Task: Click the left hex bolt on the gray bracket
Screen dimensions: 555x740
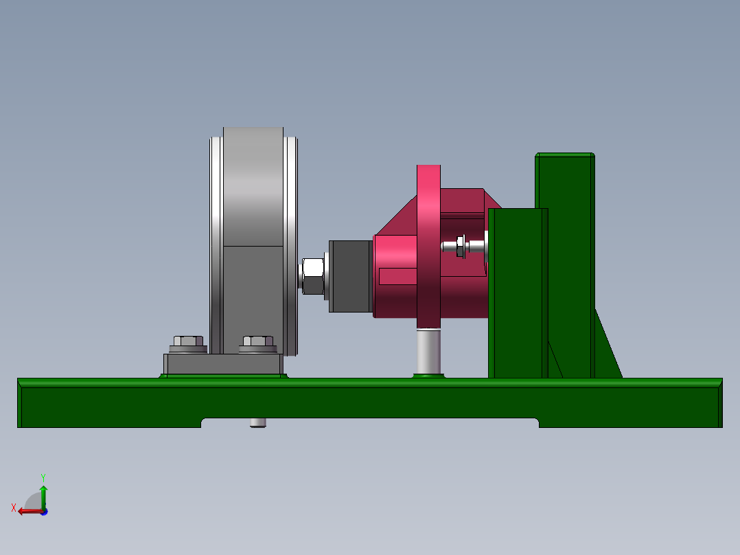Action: [x=187, y=341]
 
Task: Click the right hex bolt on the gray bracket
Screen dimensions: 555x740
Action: [x=257, y=341]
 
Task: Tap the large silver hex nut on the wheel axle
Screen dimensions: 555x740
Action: [x=312, y=275]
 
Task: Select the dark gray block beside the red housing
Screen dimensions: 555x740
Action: [x=350, y=275]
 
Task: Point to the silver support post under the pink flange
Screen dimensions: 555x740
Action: [x=428, y=351]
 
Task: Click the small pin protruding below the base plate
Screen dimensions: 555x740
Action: [x=257, y=422]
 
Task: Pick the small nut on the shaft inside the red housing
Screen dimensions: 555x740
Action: [x=461, y=246]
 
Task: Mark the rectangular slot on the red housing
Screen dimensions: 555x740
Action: [x=398, y=276]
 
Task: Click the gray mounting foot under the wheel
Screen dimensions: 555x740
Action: [x=223, y=364]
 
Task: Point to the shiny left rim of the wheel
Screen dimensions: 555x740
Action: [x=216, y=240]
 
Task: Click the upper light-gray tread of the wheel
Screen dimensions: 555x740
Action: [x=253, y=185]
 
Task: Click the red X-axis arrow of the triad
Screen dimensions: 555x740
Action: [x=27, y=511]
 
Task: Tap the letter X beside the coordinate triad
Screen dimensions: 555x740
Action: [x=14, y=508]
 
